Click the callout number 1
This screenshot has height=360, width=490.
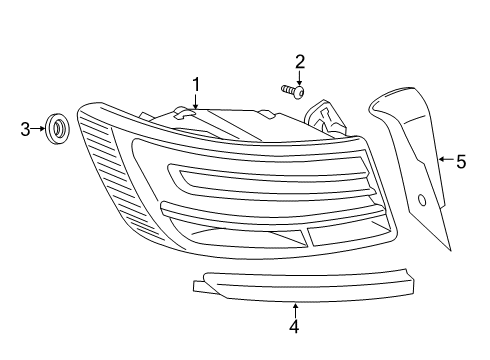[x=196, y=84]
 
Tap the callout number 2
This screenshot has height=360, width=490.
[x=300, y=62]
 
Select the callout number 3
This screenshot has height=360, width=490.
[x=25, y=129]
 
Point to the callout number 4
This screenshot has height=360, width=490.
[x=294, y=326]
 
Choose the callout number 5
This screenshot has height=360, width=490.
[x=461, y=162]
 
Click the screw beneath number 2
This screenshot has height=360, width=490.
[x=293, y=91]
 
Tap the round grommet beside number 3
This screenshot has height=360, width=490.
[x=57, y=129]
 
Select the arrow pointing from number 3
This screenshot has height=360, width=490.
[x=38, y=128]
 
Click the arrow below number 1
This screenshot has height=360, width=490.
[x=196, y=101]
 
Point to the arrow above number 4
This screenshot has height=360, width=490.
[x=295, y=310]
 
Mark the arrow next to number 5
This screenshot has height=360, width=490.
[x=447, y=159]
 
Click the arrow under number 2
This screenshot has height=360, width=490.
[x=299, y=77]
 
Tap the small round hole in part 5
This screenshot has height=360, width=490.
[x=422, y=200]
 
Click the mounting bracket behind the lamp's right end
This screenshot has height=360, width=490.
[x=325, y=118]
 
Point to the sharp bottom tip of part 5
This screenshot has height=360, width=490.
[x=451, y=250]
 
